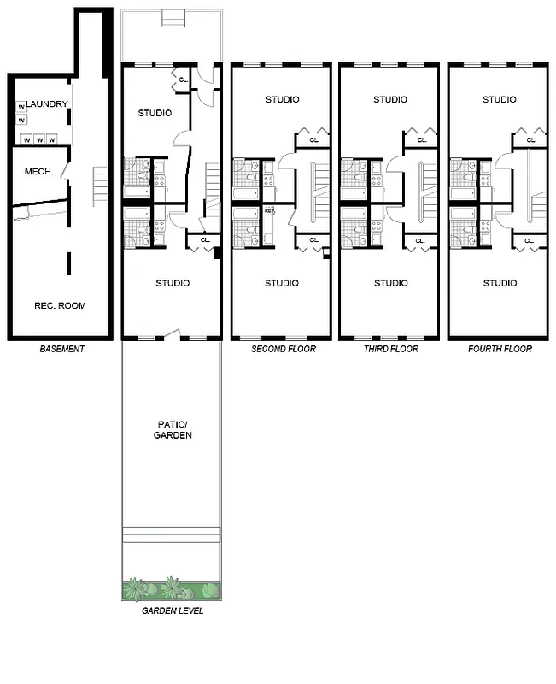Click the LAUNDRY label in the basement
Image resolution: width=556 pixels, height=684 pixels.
tap(47, 104)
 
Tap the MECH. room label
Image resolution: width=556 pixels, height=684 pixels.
tap(39, 172)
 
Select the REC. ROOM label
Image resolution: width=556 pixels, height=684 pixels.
tap(60, 305)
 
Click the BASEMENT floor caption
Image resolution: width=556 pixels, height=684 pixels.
tap(62, 349)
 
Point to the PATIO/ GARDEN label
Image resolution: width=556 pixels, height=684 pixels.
tap(173, 429)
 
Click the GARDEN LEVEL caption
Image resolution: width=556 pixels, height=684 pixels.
tap(173, 610)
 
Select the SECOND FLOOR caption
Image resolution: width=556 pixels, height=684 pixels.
tap(283, 349)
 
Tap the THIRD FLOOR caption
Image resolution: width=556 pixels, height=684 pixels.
tap(391, 349)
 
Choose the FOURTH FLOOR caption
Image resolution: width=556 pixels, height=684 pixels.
tap(500, 349)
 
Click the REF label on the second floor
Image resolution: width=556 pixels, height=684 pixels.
tap(269, 210)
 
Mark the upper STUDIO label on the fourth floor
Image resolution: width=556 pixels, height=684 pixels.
tap(500, 99)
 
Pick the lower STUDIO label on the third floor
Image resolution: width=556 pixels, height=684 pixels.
tap(391, 283)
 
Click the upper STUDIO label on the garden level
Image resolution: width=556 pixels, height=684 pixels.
tap(155, 113)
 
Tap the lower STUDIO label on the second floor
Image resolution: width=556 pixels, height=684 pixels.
tap(283, 283)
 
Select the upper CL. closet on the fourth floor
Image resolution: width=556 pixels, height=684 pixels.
tap(530, 140)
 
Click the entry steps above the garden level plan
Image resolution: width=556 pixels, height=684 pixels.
tap(173, 16)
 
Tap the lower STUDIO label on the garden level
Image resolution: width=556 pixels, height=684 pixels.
tap(173, 283)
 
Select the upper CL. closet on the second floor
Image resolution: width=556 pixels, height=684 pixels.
tap(313, 140)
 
